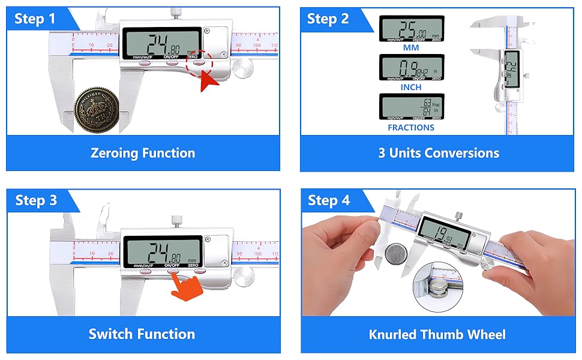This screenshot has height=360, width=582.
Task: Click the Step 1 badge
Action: click(x=35, y=19)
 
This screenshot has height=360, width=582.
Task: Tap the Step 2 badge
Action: click(x=328, y=19)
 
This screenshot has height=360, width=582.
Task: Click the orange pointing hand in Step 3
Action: click(x=185, y=286)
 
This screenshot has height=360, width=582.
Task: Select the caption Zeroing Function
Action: click(x=143, y=153)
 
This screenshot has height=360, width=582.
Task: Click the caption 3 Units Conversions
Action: click(x=438, y=153)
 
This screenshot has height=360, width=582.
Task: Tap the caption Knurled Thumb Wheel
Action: click(x=437, y=334)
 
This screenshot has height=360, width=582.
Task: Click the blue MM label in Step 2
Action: click(x=411, y=47)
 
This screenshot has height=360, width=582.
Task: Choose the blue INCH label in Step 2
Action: click(x=411, y=87)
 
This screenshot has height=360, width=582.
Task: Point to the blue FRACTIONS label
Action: click(x=411, y=127)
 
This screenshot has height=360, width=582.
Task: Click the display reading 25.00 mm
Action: click(x=412, y=28)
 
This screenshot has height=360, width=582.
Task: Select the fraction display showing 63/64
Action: click(x=412, y=107)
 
